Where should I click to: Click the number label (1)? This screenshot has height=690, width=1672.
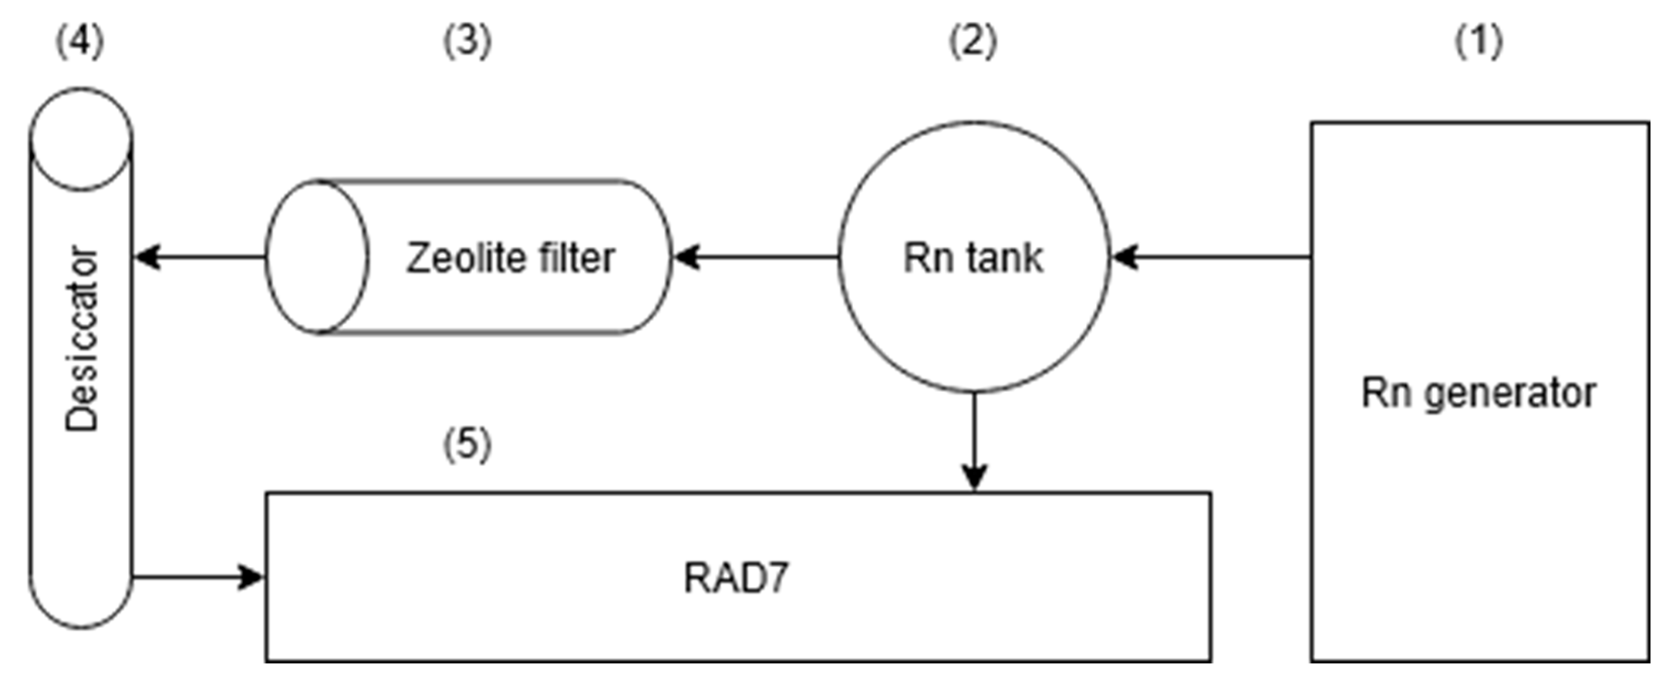1478,42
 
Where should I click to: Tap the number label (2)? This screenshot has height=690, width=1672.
973,42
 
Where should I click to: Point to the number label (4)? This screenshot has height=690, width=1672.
79,42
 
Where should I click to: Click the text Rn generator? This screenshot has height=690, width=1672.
1479,394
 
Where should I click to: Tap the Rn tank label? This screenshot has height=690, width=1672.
973,257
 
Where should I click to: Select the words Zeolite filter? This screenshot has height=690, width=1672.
510,257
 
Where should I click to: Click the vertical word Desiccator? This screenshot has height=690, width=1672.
82,338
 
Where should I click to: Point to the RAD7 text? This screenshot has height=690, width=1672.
736,578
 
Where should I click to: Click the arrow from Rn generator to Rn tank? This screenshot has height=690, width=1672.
1211,257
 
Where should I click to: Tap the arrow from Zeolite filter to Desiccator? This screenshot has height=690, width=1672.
199,257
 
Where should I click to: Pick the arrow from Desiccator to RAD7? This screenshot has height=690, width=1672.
198,577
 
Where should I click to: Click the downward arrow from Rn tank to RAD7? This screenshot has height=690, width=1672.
974,442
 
